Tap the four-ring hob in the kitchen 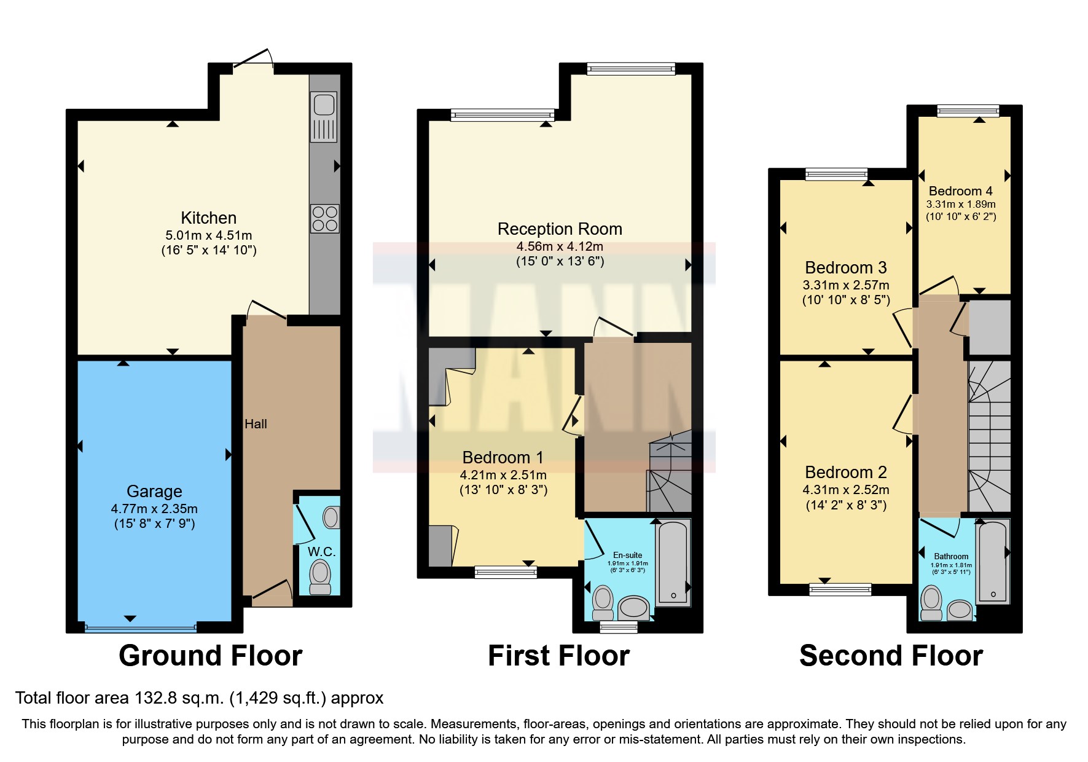pos(325,218)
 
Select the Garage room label pos(154,491)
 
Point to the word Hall pos(256,424)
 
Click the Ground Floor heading pos(211,656)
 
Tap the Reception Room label pos(560,229)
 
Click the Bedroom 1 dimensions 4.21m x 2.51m pos(503,475)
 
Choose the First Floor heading pos(558,656)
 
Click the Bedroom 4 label pos(960,191)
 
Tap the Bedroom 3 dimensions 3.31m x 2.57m pos(845,285)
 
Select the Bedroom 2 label pos(845,473)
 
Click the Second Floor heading pos(891,656)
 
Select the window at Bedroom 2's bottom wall pos(840,590)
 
